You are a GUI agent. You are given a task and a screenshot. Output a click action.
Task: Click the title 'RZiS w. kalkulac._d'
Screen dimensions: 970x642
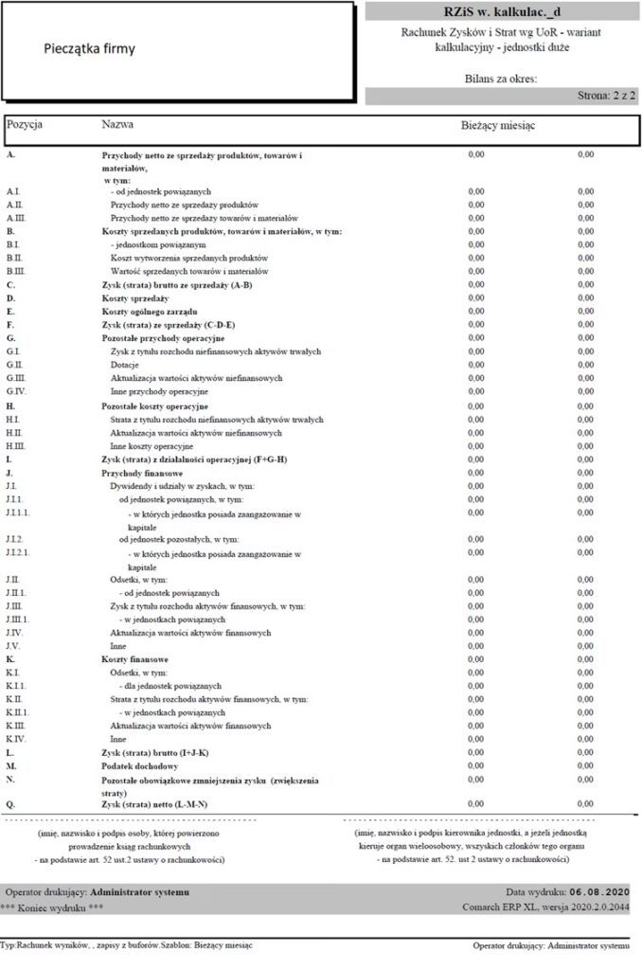click(501, 10)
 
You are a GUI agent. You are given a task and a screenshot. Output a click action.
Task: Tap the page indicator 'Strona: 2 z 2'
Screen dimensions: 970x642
click(605, 97)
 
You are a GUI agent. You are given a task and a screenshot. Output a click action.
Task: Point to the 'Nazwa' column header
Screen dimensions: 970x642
click(116, 124)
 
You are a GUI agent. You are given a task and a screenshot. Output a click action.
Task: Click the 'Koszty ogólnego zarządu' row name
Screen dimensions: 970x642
click(149, 312)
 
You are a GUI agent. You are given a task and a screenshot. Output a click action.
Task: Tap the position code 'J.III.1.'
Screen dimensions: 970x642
click(22, 619)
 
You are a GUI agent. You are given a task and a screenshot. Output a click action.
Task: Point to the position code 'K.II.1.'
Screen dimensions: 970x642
click(21, 711)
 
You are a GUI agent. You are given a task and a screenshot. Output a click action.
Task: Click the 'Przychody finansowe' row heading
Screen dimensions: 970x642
click(142, 472)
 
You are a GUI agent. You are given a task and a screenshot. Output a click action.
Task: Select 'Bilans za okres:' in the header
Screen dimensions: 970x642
click(501, 80)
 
